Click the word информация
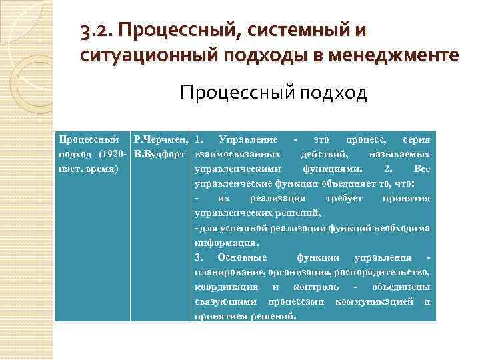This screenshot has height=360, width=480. (225, 243)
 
